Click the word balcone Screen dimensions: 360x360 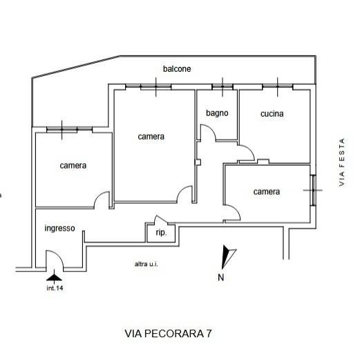point(177,69)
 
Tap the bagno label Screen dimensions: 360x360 point(217,113)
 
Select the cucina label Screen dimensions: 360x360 point(272,114)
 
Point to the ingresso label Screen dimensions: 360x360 point(59,229)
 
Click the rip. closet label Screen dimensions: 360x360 point(160,234)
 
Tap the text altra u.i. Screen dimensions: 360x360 point(146,264)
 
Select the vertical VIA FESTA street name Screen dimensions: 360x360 point(341,161)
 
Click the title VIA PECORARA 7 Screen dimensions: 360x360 point(169,333)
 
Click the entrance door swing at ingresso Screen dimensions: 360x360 point(55,260)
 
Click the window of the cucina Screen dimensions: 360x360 point(278,86)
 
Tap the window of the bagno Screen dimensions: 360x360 point(222,86)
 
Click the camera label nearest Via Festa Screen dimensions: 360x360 point(267,191)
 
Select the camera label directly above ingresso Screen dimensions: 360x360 point(73,165)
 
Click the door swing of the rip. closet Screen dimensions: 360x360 point(151,228)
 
